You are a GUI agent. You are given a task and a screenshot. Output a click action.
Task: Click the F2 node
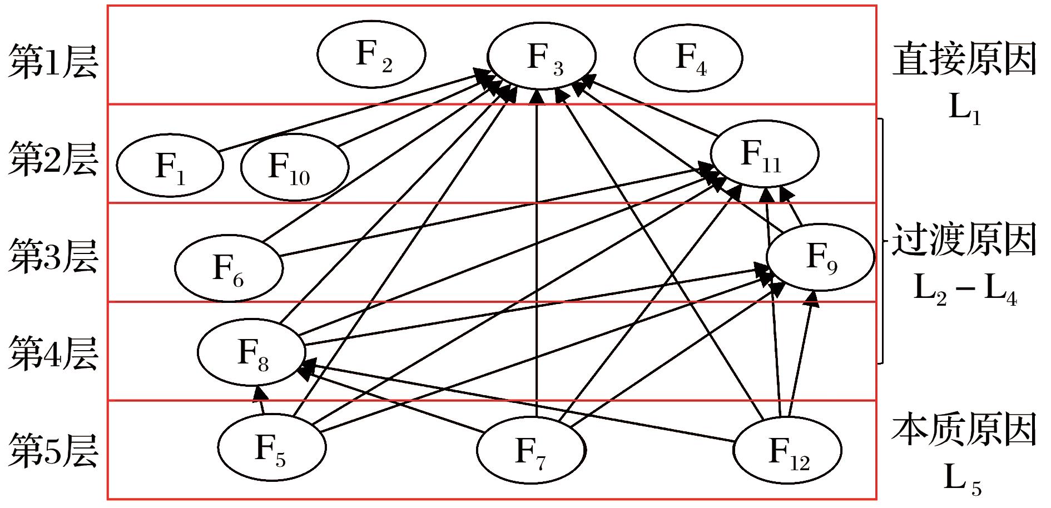371,54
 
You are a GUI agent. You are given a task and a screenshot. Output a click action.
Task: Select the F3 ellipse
542,56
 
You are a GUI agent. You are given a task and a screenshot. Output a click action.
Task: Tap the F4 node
688,57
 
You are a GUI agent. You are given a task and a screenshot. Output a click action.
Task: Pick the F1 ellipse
170,165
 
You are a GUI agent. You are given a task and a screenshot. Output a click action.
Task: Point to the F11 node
764,154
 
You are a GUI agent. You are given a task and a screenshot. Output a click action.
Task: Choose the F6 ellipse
229,268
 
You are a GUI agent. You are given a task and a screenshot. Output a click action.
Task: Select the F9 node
820,257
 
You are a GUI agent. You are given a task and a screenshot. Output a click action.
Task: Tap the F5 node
271,447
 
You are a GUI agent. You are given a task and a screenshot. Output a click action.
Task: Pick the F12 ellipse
787,450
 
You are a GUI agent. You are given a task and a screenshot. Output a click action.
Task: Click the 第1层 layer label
53,62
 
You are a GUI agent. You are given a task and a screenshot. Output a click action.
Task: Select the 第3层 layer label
53,256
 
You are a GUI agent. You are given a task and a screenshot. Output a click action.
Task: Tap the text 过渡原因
965,240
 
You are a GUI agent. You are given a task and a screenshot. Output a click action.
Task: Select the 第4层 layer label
53,354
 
